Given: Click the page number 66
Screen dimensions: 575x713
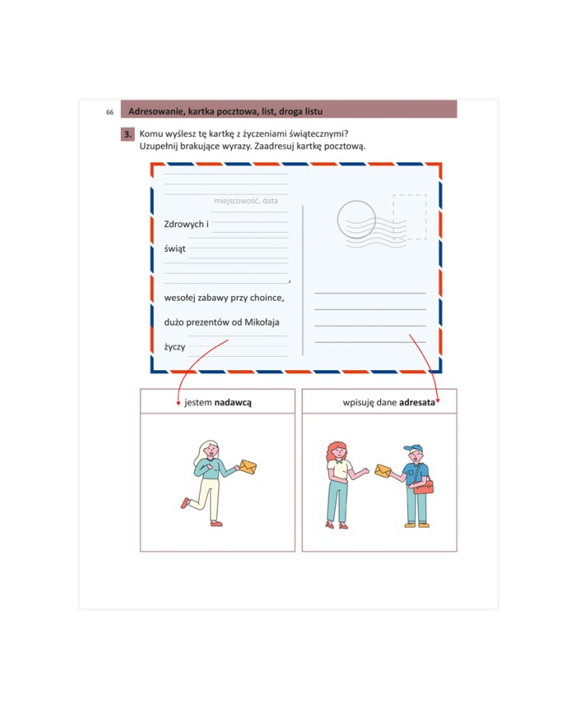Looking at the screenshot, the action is (110, 112).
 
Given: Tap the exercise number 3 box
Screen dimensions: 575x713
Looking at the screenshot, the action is (127, 134).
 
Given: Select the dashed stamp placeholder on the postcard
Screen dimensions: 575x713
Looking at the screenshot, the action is (410, 217).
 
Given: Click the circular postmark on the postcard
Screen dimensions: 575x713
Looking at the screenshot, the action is (356, 220).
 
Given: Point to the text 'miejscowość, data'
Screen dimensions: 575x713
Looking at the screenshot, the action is (246, 200).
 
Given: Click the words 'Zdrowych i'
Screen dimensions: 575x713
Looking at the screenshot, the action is (186, 224).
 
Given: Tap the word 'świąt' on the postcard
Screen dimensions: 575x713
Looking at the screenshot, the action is (175, 249).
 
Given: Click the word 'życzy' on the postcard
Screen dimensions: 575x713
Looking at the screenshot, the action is (175, 347).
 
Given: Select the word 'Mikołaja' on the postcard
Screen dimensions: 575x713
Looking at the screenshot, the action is (262, 322).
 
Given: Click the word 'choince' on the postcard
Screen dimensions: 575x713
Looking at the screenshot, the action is (267, 298).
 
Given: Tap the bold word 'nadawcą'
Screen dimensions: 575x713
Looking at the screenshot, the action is (232, 402).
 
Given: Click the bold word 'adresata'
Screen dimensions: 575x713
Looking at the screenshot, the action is (417, 402).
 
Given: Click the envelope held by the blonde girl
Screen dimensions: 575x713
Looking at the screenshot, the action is (248, 467).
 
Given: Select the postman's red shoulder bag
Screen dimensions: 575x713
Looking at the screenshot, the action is (423, 487).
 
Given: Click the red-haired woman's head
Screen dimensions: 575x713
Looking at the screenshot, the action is (338, 450).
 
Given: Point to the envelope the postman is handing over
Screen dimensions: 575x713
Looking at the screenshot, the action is (383, 471).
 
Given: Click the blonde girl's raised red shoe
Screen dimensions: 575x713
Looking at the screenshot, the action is (185, 502).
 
